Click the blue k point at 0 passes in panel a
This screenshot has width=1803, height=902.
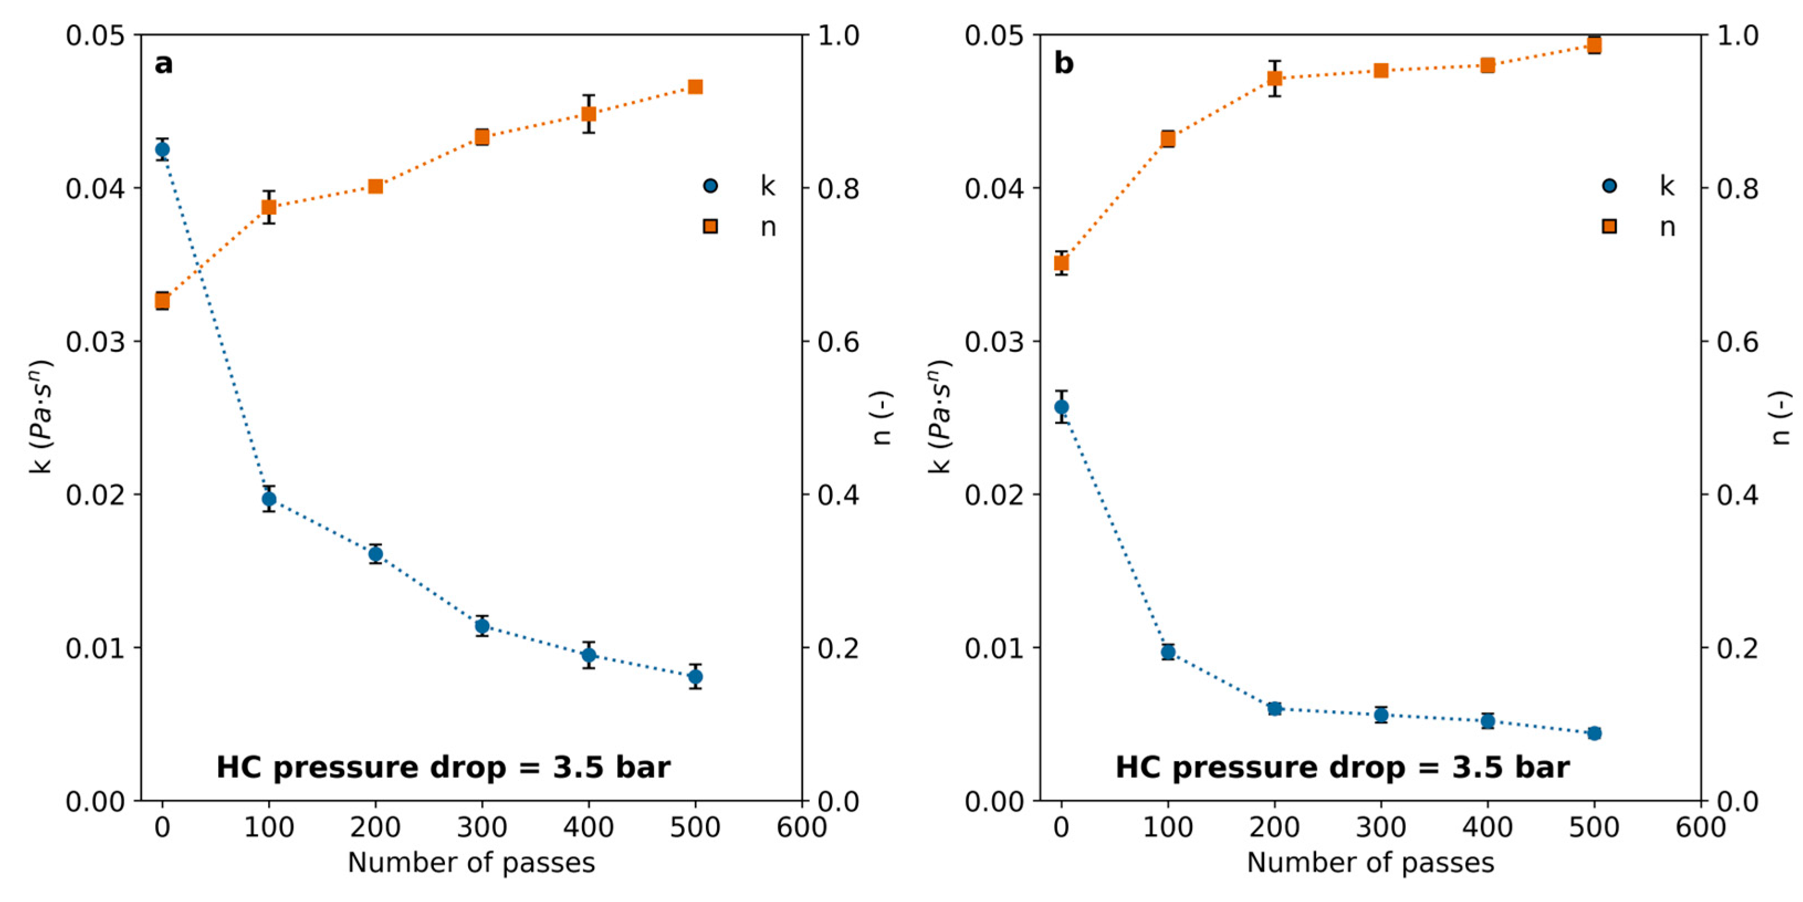(163, 149)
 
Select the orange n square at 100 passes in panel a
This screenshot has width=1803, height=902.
(269, 207)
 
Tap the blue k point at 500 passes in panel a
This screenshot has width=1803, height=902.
(695, 676)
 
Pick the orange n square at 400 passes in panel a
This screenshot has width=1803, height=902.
(589, 113)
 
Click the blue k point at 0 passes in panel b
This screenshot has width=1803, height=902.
(1061, 407)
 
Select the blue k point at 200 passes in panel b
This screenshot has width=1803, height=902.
(1275, 709)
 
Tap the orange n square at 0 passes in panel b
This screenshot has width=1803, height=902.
(1061, 263)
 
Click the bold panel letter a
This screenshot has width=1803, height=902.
(163, 64)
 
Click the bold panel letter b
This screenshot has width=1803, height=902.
(1063, 64)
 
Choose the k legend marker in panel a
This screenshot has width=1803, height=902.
(710, 186)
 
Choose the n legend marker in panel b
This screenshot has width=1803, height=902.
(1610, 226)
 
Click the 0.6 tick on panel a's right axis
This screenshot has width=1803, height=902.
(838, 342)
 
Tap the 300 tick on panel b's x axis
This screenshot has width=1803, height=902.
(1381, 828)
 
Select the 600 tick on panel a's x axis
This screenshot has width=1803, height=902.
(802, 828)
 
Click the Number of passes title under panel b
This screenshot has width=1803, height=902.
(1370, 863)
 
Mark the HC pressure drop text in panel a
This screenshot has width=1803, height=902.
(443, 768)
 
